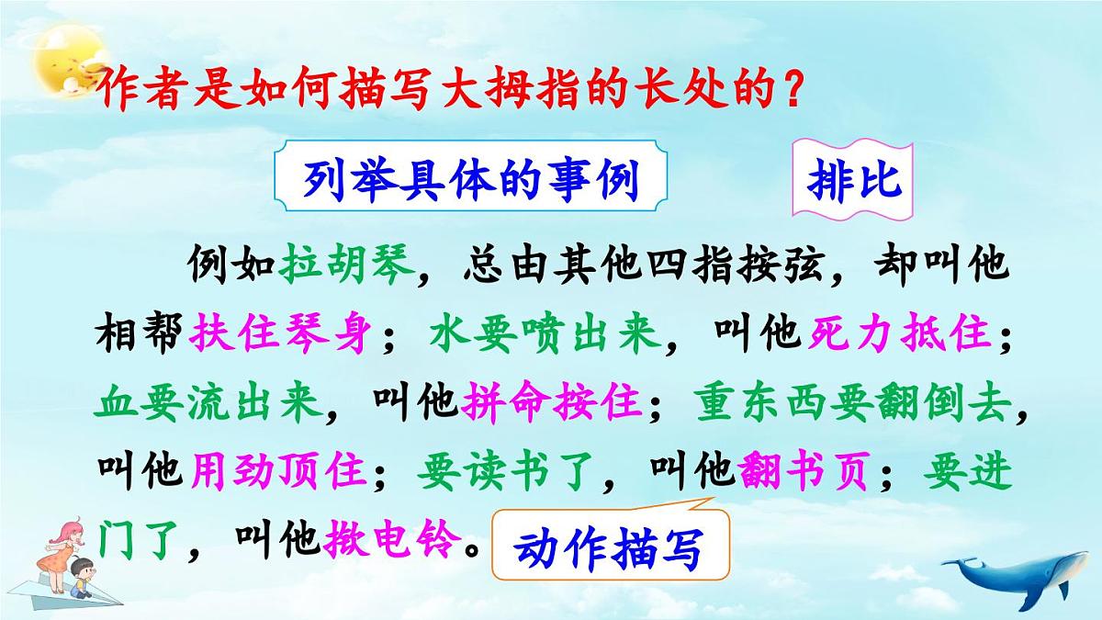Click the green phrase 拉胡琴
coord(348,266)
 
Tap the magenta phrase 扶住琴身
coord(281,335)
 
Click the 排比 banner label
coord(854,180)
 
